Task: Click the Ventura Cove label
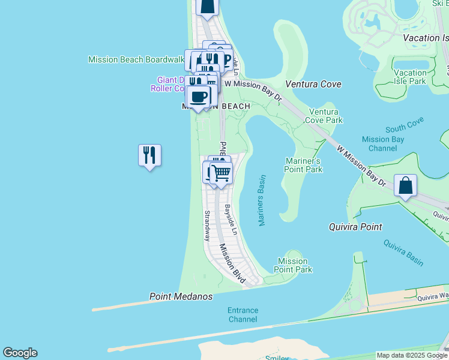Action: (313, 84)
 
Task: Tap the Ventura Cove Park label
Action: (325, 116)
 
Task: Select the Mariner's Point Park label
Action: (303, 165)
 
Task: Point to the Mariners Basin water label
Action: (262, 200)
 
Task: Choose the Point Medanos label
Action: (181, 296)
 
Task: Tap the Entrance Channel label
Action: (243, 314)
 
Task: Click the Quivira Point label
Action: (356, 227)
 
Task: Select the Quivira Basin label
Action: (403, 253)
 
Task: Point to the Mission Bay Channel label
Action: (383, 143)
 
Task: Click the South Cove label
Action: (405, 127)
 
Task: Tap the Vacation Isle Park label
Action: (410, 77)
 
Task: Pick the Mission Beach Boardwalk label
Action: (136, 59)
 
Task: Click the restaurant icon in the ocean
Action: (149, 155)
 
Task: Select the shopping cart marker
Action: (221, 173)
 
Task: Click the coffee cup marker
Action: (198, 96)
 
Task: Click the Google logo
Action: (20, 353)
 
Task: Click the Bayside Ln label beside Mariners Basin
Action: (231, 220)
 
